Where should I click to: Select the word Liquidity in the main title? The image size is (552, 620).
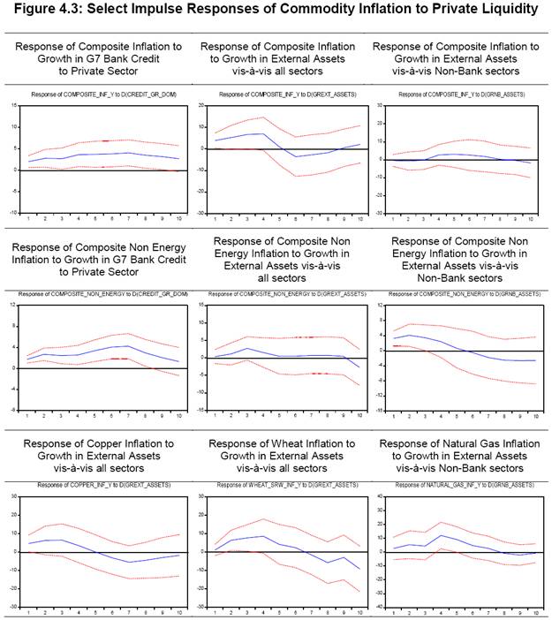(x=502, y=10)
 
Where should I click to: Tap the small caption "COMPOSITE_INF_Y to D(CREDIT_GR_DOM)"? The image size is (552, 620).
(x=102, y=94)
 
